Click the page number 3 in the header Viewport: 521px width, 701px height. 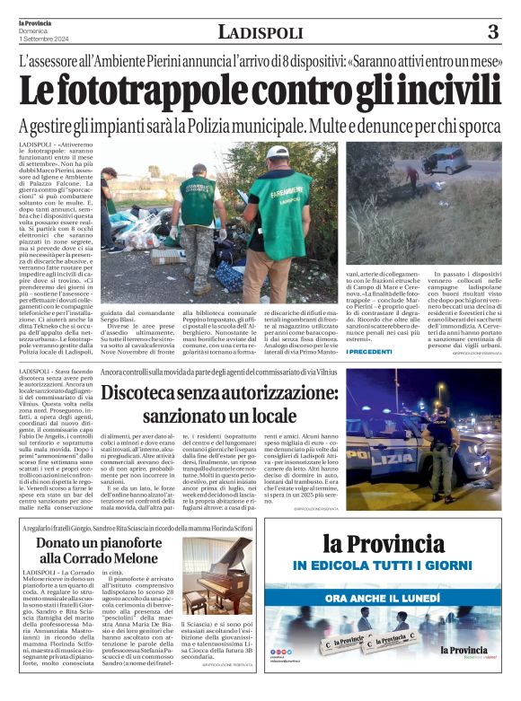pos(492,32)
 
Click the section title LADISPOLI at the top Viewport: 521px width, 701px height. pos(260,32)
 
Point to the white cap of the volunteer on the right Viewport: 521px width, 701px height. pos(280,153)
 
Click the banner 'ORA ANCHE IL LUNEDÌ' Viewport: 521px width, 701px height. pos(395,598)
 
